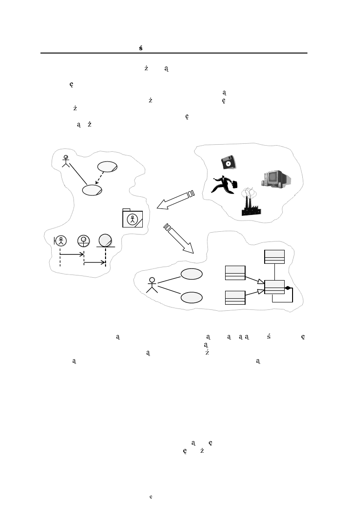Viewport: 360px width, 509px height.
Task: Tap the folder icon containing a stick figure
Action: click(133, 218)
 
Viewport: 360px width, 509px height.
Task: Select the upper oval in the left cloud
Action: click(107, 167)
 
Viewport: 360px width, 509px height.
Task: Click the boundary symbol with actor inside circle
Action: click(60, 241)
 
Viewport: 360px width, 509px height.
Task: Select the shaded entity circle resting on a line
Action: click(106, 240)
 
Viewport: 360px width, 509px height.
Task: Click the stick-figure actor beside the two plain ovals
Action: click(152, 285)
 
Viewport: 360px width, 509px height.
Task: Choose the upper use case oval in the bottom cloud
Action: click(192, 275)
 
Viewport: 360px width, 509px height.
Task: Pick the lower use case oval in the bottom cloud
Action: click(192, 297)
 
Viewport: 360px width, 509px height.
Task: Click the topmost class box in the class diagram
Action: click(274, 257)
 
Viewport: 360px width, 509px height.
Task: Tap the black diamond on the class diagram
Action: click(288, 288)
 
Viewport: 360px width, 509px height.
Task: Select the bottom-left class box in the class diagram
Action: click(235, 297)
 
